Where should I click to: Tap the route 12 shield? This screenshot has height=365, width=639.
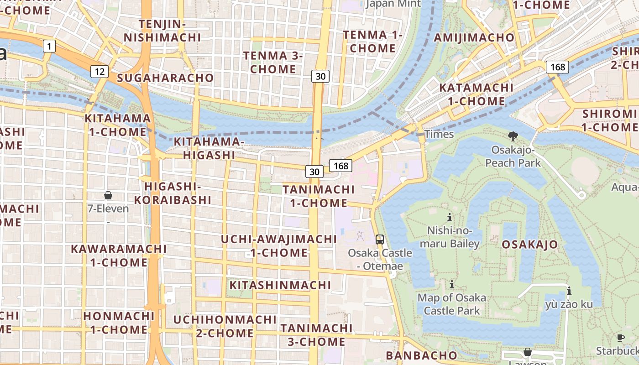pos(99,71)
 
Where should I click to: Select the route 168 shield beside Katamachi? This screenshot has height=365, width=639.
pos(557,67)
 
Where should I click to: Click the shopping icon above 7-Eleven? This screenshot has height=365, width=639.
pos(108,196)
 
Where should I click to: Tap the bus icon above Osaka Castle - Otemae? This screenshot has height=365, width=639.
pos(380,239)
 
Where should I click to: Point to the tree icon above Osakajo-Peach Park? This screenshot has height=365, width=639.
pos(513,136)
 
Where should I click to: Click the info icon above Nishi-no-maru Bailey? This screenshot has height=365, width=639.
pos(450,217)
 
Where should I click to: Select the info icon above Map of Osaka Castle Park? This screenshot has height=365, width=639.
pos(452,284)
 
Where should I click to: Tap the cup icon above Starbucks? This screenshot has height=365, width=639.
pos(620,338)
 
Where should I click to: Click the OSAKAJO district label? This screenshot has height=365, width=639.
pos(529,245)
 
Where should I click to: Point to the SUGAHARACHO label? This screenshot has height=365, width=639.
pos(165,78)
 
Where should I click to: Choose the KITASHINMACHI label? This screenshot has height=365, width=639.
pos(280,285)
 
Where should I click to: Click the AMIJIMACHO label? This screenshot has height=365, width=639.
pos(474,37)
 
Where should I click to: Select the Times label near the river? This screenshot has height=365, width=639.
pos(439,134)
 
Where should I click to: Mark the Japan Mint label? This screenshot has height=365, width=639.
pos(393,4)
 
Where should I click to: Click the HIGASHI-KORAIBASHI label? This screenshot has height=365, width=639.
pos(173,193)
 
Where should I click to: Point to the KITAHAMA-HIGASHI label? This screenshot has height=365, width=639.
pos(209,148)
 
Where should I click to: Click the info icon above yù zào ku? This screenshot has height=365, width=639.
pos(569,291)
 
